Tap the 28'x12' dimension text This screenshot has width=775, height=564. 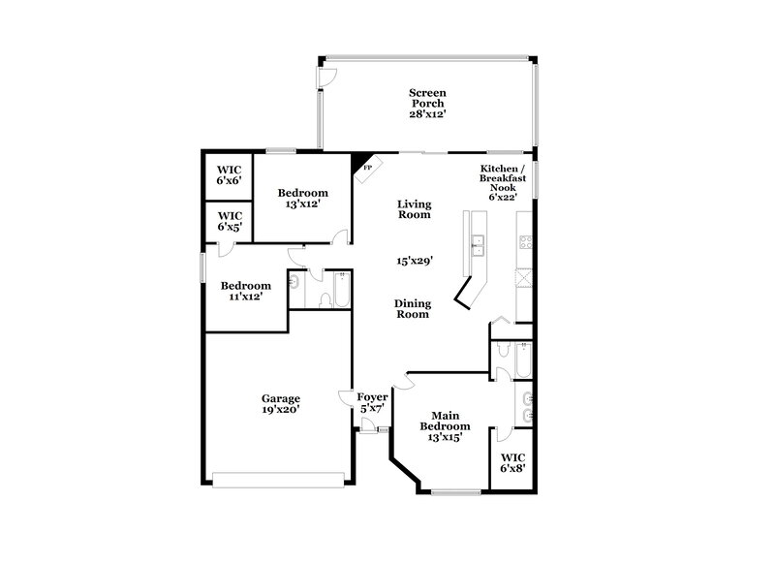(x=427, y=113)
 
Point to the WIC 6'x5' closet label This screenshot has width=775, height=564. (x=229, y=221)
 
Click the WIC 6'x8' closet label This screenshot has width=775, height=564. (x=512, y=462)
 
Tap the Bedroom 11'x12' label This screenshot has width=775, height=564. (x=244, y=292)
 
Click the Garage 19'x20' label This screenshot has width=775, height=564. (x=280, y=403)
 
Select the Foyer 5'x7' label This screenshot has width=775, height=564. (x=372, y=402)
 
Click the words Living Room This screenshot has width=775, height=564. (x=414, y=209)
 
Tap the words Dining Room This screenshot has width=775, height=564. (x=413, y=308)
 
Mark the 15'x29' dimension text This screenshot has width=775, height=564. (x=414, y=261)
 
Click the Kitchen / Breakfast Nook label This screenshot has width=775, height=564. (x=504, y=182)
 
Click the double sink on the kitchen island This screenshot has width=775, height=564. (x=477, y=246)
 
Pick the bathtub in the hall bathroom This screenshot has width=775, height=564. (x=343, y=289)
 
